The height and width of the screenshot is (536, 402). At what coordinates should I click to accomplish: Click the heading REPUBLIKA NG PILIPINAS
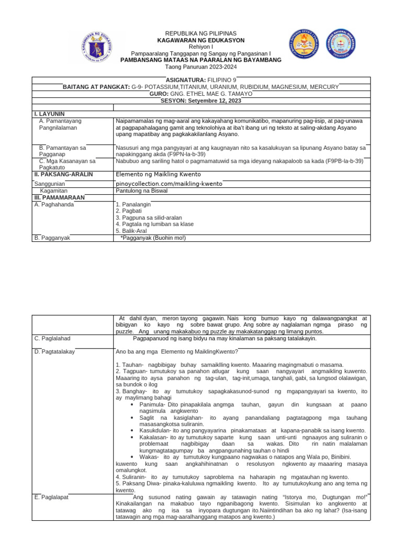[201, 33]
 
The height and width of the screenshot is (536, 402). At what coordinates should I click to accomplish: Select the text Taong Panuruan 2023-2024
[201, 67]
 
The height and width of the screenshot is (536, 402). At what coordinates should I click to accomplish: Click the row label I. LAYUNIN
[50, 114]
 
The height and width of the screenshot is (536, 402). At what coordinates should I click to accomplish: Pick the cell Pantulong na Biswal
[142, 192]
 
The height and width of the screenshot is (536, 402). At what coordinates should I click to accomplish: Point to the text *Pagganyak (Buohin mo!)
[153, 238]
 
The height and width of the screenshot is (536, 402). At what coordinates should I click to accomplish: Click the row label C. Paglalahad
[52, 339]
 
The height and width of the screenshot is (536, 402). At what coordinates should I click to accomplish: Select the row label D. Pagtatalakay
[54, 352]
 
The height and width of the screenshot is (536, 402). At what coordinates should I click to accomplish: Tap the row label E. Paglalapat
[51, 497]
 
